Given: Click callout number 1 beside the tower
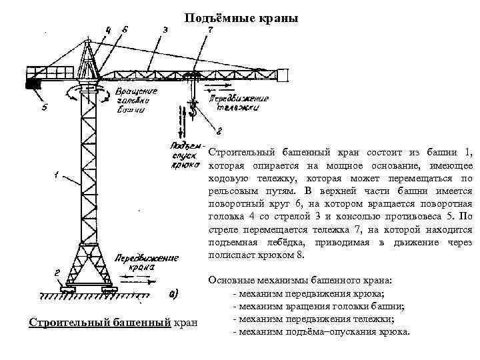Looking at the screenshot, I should [57, 176].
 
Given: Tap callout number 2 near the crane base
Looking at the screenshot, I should [57, 272].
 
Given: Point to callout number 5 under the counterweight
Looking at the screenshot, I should [44, 109].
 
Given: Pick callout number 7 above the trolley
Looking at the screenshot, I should [211, 29].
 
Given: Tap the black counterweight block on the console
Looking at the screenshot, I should [33, 84].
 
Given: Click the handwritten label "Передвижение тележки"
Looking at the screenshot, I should [239, 103].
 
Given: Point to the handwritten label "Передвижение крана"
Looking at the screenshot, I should [138, 262].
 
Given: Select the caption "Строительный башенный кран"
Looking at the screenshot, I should [113, 323].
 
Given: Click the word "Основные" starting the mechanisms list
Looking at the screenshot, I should [230, 281].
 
